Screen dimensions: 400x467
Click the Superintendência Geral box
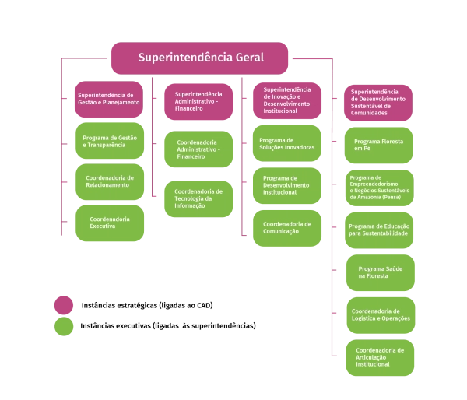(201, 58)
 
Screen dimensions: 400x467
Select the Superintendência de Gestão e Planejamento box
(109, 100)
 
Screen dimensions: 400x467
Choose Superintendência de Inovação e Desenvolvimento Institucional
(286, 100)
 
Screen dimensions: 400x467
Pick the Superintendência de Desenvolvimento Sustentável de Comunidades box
(377, 102)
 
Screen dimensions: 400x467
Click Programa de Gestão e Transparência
(109, 141)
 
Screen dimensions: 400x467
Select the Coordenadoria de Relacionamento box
(109, 181)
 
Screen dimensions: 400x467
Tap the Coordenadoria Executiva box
(109, 223)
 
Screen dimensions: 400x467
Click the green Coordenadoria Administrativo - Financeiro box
(198, 150)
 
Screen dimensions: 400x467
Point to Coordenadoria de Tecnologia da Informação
(198, 198)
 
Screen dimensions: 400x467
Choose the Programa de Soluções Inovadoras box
(286, 143)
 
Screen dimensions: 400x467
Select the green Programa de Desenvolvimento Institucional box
(286, 188)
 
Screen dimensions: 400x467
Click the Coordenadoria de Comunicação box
(286, 227)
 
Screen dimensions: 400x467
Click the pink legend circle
(63, 304)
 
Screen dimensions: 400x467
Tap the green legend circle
(63, 326)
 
